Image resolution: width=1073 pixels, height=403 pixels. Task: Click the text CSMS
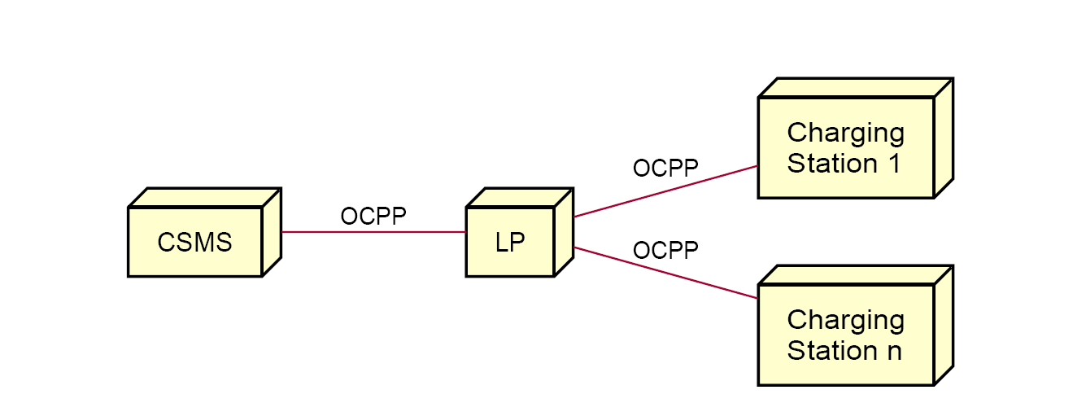195,243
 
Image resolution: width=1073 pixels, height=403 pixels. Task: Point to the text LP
510,243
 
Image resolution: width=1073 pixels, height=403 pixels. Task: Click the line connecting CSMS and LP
373,232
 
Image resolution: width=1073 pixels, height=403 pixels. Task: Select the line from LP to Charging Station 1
666,191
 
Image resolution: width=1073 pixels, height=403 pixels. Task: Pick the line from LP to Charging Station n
666,273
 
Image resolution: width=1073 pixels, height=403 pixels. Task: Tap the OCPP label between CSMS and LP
373,217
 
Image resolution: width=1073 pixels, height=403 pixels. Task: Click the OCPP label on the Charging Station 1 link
665,169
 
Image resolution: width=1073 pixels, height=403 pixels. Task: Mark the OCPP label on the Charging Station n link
665,251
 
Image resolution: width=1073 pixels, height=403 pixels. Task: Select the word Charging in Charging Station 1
846,133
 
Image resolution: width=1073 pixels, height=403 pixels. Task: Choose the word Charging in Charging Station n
846,320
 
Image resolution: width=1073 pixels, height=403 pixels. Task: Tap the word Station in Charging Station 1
832,164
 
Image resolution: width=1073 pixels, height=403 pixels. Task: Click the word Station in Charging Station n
832,351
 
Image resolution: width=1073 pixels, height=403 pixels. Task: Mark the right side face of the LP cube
564,232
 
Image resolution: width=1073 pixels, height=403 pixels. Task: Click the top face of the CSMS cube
205,197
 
